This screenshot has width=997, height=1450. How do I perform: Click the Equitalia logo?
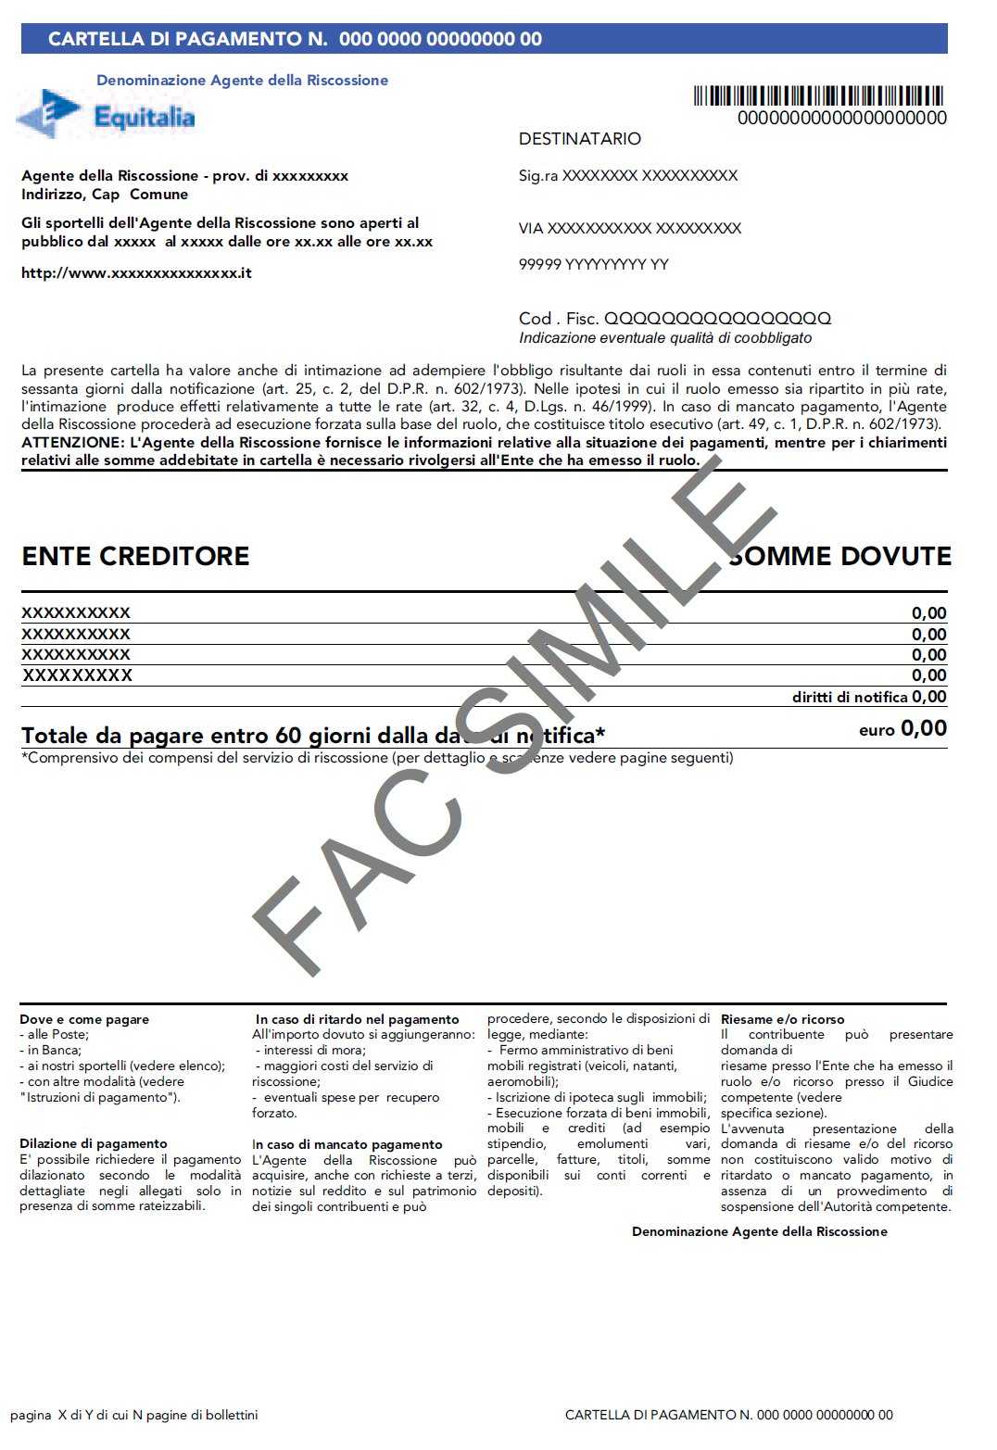(107, 116)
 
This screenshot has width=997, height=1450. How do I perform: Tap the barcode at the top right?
(818, 96)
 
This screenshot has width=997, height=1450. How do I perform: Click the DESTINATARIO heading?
(579, 139)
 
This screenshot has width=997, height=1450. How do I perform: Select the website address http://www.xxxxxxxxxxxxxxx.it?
(136, 273)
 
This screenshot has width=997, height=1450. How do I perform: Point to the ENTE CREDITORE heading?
(135, 556)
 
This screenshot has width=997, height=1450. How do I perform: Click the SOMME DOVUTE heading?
(840, 556)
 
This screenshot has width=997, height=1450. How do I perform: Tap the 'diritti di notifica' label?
(849, 698)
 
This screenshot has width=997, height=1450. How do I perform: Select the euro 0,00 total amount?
(902, 729)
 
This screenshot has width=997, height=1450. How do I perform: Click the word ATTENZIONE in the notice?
(69, 443)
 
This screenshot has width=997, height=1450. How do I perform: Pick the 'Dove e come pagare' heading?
(84, 1019)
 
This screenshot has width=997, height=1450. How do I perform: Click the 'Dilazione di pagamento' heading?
(94, 1143)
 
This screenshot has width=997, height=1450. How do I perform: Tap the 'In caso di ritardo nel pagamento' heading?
(357, 1019)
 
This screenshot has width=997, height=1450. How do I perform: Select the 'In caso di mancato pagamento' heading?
(347, 1144)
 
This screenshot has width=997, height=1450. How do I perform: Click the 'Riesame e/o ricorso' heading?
(782, 1019)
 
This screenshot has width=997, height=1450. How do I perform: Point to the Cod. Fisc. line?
(675, 319)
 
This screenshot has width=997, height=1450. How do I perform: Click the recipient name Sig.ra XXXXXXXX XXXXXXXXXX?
(627, 176)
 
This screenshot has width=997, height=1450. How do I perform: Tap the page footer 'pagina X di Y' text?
(133, 1415)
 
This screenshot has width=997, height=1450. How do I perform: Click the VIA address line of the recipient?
(629, 229)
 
